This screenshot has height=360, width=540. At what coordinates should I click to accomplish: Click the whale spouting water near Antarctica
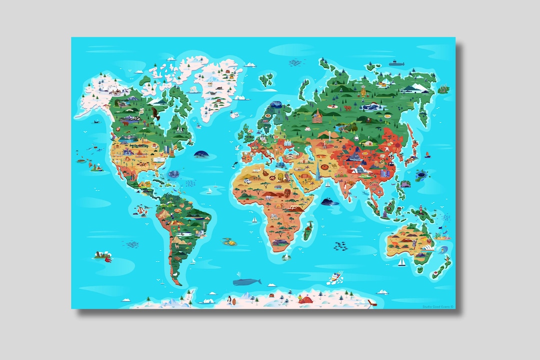[x=247, y=281]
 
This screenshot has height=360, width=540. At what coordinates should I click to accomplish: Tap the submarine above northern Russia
[x=396, y=63]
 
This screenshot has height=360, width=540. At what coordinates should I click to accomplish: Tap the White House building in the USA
[x=159, y=159]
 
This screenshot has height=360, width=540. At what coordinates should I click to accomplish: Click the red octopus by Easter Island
[x=107, y=258]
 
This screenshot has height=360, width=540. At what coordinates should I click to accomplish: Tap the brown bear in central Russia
[x=368, y=119]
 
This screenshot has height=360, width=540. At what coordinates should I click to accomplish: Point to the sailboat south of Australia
[x=401, y=262]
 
